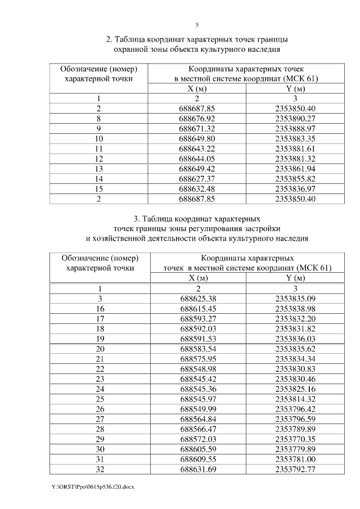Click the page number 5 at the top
coord(197,25)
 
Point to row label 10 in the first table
coord(99,139)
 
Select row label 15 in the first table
coord(99,189)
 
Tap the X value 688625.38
coord(199,299)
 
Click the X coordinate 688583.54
coord(199,349)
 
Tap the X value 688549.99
coord(199,409)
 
